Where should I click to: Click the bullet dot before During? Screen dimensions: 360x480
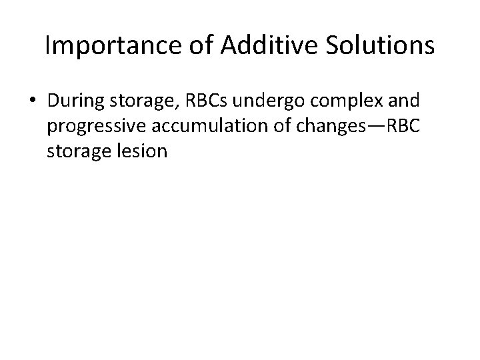[33, 103]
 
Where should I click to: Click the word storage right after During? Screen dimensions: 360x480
[137, 103]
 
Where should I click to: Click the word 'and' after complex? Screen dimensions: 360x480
[404, 102]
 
